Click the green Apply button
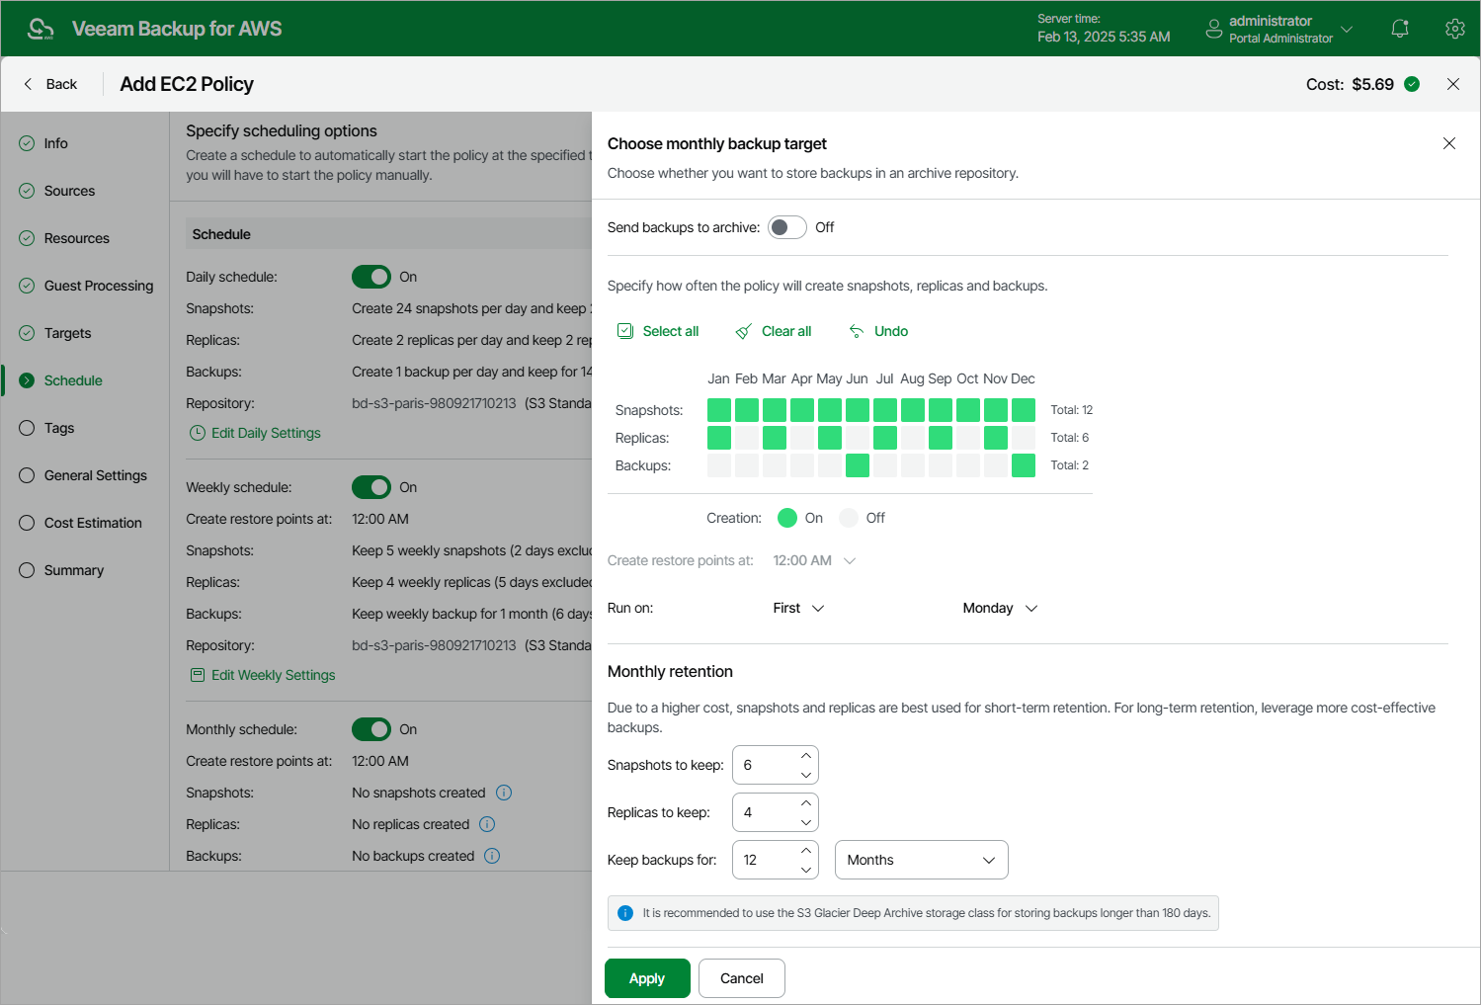(x=647, y=978)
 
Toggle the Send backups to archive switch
(x=787, y=227)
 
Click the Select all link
(x=658, y=331)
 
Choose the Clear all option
(x=774, y=331)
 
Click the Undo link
(x=878, y=331)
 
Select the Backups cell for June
(x=858, y=465)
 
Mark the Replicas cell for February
(x=747, y=438)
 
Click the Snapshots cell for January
(x=719, y=410)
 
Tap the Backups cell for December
(x=1024, y=465)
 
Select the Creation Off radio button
(x=849, y=518)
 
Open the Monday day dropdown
(x=1000, y=608)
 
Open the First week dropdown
(x=798, y=608)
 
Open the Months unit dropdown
(x=921, y=860)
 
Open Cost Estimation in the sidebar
(x=93, y=523)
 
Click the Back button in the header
(x=50, y=84)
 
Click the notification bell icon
(x=1400, y=29)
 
